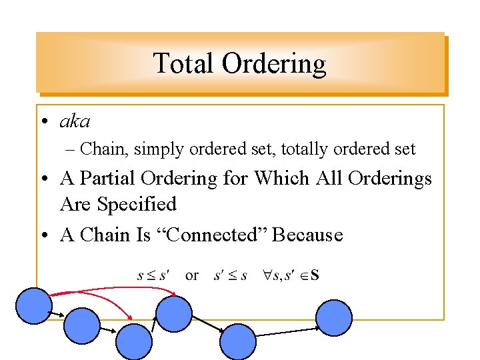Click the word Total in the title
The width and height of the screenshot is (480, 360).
(183, 64)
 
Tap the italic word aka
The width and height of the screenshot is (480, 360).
(75, 122)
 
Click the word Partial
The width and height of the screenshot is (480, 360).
(115, 179)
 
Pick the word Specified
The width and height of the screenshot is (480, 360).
(137, 204)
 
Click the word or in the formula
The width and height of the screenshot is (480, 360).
(192, 275)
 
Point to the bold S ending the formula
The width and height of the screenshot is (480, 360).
(314, 275)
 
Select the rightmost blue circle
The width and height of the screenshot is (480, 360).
(333, 317)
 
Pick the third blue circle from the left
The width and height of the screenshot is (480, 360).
(134, 341)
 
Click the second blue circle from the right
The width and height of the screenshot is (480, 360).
(238, 341)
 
